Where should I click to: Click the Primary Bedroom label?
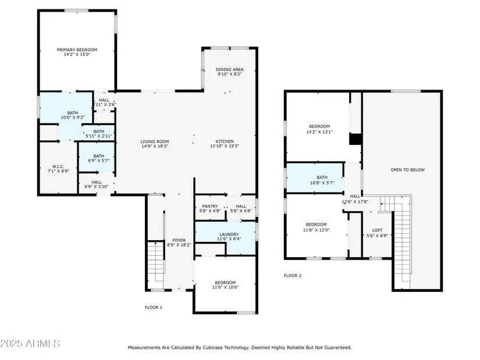click(x=77, y=49)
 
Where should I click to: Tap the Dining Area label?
click(x=230, y=69)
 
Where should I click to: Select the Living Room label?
click(x=155, y=141)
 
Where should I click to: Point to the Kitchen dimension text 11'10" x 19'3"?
click(x=225, y=146)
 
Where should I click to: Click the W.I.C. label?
click(x=58, y=166)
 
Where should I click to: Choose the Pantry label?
click(x=210, y=206)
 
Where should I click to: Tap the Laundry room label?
click(x=229, y=234)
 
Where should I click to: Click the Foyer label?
click(x=179, y=240)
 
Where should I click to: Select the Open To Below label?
click(x=408, y=170)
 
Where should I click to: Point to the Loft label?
click(x=377, y=230)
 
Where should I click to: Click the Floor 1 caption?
click(x=154, y=307)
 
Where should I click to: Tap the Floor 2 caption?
click(x=293, y=276)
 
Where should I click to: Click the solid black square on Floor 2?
click(x=355, y=139)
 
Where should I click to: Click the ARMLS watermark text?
click(x=30, y=344)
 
